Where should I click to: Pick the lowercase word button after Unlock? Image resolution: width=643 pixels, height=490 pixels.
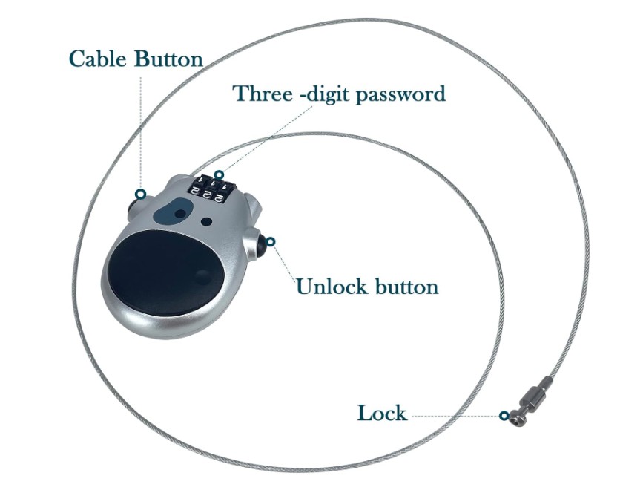click(x=405, y=287)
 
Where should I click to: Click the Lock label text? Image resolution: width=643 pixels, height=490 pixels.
click(x=382, y=413)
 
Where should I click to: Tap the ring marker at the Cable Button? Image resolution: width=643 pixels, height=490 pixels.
click(x=139, y=195)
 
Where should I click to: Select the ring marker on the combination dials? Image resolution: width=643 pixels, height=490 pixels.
click(x=219, y=175)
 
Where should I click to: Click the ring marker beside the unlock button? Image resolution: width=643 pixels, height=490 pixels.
click(x=271, y=242)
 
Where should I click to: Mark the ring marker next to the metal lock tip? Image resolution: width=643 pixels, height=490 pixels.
click(x=504, y=416)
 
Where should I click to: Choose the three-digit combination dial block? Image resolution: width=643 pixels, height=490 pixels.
click(x=208, y=186)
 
